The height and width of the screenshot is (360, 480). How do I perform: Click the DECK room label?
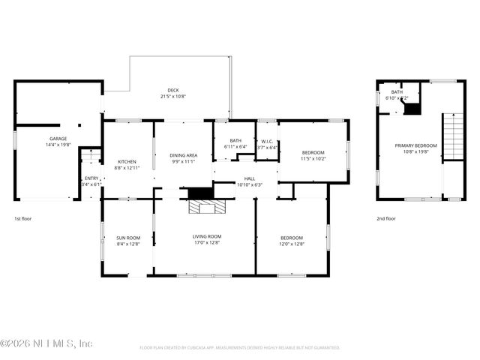tap(173, 89)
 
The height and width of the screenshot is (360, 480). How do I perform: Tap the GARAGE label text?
tap(58, 139)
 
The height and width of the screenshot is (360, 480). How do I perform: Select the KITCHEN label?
tap(127, 161)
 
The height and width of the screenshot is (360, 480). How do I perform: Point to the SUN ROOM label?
tap(128, 237)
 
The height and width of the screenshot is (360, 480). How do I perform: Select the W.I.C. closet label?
tap(267, 140)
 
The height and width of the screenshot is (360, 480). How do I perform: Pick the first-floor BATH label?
tap(235, 140)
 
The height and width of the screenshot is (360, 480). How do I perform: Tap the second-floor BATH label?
tap(397, 92)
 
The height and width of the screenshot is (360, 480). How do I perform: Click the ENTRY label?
tap(91, 178)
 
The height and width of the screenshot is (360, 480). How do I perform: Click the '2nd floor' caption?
tap(385, 219)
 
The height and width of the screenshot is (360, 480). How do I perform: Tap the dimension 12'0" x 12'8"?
tap(292, 243)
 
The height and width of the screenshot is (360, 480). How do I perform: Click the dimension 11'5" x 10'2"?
tap(313, 159)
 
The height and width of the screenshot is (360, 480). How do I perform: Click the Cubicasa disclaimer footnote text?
tap(240, 348)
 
